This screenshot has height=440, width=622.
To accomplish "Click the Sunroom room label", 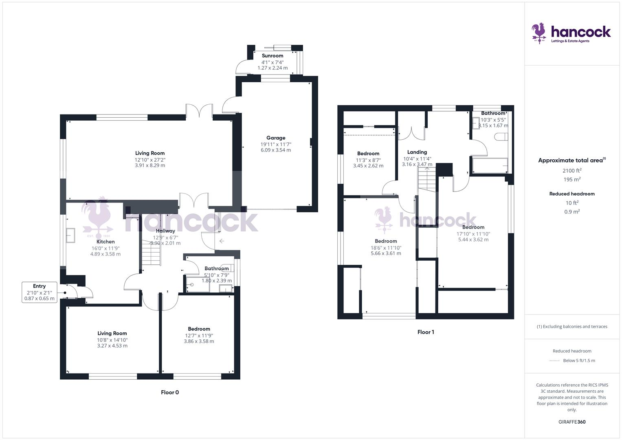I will [x=273, y=56].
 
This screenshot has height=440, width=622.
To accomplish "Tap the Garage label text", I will [x=276, y=138].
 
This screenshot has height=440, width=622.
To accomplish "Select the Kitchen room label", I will [x=105, y=242].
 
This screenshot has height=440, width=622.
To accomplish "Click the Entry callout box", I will [x=39, y=292].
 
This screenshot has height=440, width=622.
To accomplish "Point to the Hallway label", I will [x=165, y=231].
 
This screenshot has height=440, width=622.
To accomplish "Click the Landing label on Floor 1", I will [x=417, y=152].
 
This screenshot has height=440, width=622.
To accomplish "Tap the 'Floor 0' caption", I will [x=170, y=392].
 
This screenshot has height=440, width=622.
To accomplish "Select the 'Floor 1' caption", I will [x=426, y=332].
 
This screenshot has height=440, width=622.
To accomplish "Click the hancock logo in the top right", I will [x=571, y=33].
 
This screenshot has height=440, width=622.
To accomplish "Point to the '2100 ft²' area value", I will [x=572, y=171].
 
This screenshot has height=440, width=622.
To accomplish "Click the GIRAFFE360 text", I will [x=572, y=422].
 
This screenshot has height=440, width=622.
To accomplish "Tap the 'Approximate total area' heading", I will [x=572, y=161].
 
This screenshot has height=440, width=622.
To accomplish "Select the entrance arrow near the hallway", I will [x=222, y=241].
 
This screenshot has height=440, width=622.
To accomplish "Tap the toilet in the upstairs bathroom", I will [x=501, y=137].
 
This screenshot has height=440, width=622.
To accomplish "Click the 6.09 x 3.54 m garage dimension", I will [x=276, y=150].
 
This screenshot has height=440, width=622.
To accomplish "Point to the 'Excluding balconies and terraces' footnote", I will [x=572, y=326].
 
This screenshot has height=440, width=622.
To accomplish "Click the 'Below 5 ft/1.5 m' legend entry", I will [x=578, y=361].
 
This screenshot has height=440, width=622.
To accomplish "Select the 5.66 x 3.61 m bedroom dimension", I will [x=386, y=253].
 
